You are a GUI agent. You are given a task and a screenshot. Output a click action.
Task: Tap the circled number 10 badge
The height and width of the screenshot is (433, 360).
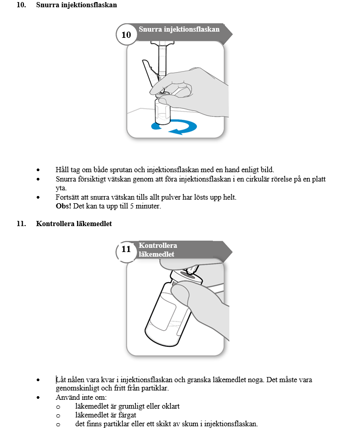126,35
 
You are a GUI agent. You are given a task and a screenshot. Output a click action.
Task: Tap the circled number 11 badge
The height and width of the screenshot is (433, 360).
126,249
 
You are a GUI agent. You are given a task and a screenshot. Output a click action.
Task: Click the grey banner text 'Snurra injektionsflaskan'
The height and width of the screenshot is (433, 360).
179,30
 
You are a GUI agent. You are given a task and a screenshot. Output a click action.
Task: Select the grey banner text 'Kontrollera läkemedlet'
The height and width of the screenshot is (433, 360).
158,250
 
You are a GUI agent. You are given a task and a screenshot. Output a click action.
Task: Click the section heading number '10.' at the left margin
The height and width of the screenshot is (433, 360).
22,5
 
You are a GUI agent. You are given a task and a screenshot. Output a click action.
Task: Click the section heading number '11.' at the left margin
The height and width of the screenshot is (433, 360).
22,224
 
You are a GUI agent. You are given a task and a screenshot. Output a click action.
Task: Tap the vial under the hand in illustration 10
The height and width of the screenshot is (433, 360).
162,111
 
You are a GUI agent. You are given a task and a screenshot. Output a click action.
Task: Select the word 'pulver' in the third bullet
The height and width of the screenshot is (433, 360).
175,198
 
